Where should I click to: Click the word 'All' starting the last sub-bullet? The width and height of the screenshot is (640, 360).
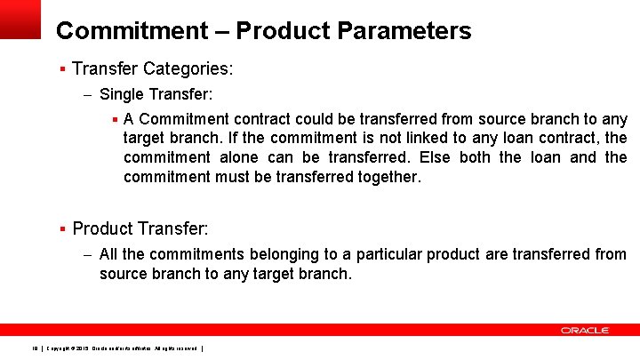[x=109, y=254]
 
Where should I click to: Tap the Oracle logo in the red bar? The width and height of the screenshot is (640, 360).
[x=584, y=331]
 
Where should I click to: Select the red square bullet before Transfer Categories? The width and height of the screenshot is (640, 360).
[x=62, y=68]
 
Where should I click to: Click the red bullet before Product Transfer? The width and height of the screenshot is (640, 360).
[x=62, y=229]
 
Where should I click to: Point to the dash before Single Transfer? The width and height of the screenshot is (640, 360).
[x=87, y=94]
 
